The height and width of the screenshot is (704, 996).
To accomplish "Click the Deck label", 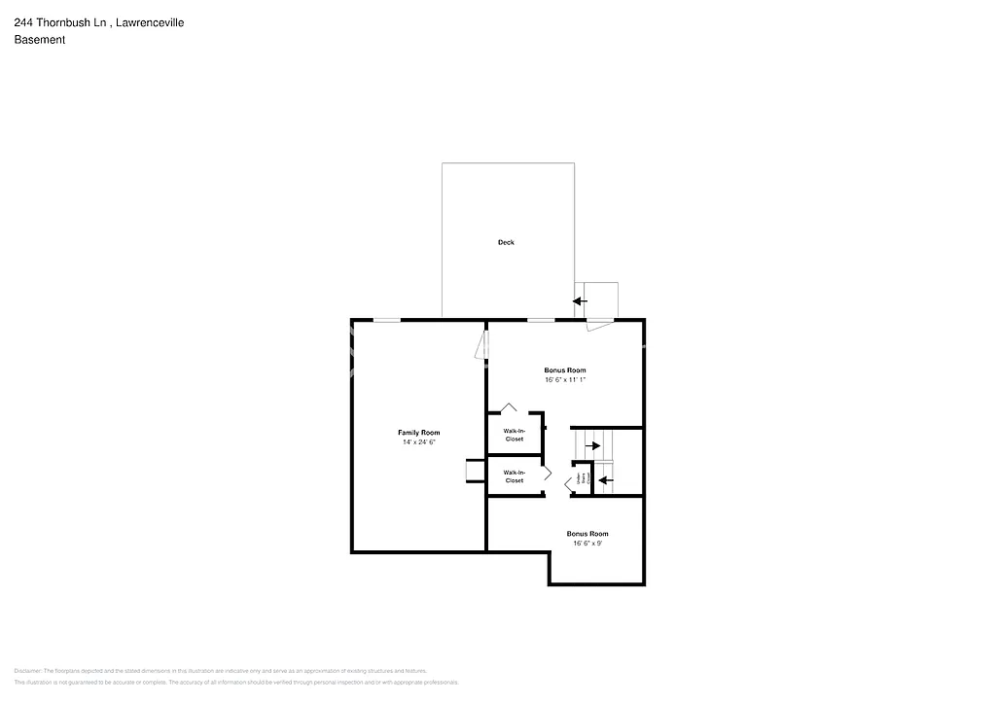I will tap(506, 242).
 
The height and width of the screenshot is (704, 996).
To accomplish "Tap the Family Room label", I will tap(418, 432).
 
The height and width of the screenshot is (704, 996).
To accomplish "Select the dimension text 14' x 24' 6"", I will tap(418, 442).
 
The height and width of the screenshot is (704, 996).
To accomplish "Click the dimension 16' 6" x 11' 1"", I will tap(564, 380).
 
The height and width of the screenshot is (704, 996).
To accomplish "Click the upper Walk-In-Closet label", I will tap(514, 435).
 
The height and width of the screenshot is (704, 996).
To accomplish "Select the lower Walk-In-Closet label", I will tap(514, 476).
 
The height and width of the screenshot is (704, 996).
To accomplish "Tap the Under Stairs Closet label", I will tap(581, 479).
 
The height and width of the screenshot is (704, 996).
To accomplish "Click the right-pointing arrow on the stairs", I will tap(592, 445).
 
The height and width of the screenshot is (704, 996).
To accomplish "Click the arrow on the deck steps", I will tap(581, 301).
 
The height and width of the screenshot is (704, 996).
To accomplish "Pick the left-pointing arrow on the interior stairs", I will tap(605, 479).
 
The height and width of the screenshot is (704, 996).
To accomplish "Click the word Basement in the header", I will tap(39, 40).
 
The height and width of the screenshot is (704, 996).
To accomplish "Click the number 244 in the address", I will tap(23, 23).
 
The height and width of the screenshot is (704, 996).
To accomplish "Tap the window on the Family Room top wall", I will tap(387, 319).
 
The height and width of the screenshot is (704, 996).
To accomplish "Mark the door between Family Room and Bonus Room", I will tap(480, 344).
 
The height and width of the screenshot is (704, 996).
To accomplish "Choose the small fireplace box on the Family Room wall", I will tap(474, 471).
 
